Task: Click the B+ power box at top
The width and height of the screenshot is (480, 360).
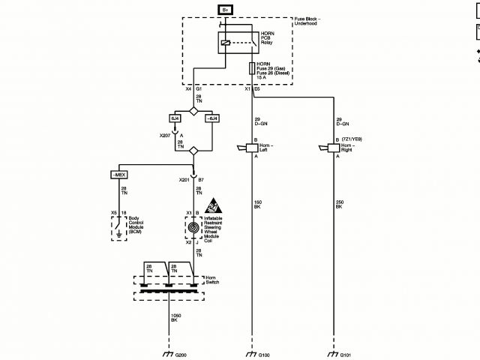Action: point(226,9)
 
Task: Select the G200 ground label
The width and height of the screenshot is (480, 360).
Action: point(181,354)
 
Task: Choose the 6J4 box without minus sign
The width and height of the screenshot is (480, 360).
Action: point(175,118)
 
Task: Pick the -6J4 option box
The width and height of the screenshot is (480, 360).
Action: point(212,118)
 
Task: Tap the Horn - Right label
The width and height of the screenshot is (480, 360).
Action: point(351,148)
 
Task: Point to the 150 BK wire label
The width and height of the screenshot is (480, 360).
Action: point(256,203)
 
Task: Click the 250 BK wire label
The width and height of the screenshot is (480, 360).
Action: point(339,203)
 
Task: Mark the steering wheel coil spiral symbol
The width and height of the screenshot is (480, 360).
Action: point(193,226)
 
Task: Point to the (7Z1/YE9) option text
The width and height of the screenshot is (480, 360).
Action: point(352,139)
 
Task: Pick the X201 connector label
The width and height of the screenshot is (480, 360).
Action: point(184,180)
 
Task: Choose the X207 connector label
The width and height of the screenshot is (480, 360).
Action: point(165,136)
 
